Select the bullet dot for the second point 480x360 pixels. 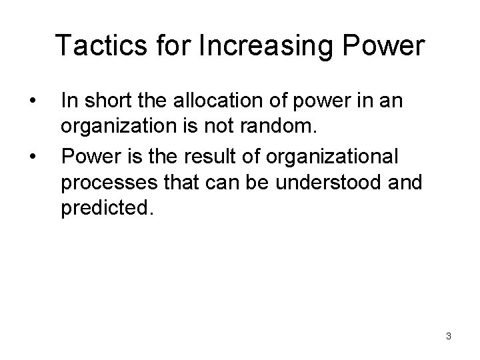[x=32, y=158]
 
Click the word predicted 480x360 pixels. [x=107, y=211]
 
